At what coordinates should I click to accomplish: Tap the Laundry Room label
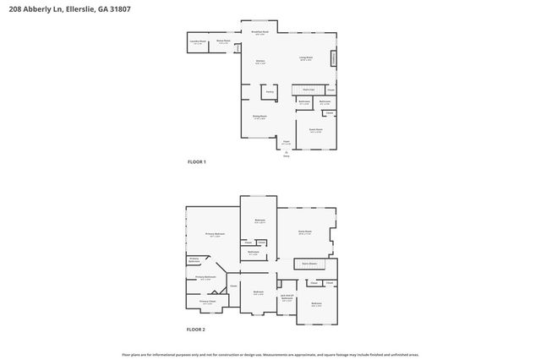point(196,41)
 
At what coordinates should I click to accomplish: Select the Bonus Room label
point(223,41)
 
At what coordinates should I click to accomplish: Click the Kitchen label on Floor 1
point(261,61)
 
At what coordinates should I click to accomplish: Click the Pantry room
point(270,91)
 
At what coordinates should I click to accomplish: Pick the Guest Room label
point(315,130)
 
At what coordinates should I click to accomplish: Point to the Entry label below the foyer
point(286,156)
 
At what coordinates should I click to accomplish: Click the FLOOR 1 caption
point(196,161)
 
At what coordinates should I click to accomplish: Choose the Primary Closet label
point(207,302)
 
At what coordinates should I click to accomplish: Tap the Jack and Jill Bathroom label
point(287,297)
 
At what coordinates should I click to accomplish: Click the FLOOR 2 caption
point(196,330)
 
